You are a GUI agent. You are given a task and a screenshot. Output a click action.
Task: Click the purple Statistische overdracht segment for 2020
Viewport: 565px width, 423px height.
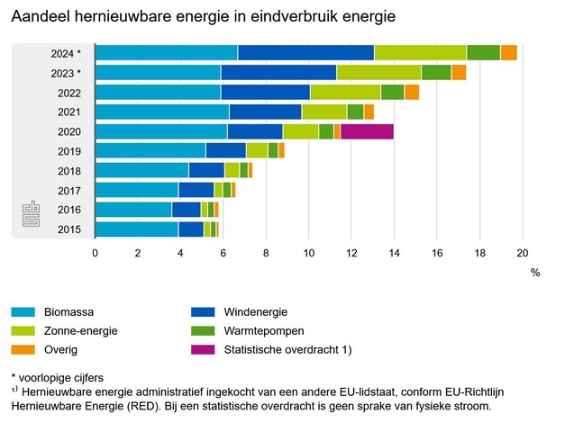click(367, 131)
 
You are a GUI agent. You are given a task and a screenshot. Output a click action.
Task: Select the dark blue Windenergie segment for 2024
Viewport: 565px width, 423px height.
click(305, 52)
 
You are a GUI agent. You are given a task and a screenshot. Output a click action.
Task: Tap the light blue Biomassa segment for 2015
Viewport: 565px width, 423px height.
click(136, 229)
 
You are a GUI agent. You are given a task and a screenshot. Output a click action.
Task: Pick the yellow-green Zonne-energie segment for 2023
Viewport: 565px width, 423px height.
click(378, 72)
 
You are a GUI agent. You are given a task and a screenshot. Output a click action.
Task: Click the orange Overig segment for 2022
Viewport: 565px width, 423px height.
click(412, 92)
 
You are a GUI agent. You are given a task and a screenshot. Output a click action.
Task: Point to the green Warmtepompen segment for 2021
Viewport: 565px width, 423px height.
click(355, 112)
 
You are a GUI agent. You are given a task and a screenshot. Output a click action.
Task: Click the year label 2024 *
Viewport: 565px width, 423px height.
click(66, 53)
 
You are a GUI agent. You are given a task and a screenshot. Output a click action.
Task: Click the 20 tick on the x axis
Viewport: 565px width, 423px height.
click(522, 253)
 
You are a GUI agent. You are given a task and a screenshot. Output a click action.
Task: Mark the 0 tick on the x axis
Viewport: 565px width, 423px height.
click(96, 253)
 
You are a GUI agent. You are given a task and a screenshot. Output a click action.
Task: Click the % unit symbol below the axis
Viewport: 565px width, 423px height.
click(534, 271)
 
